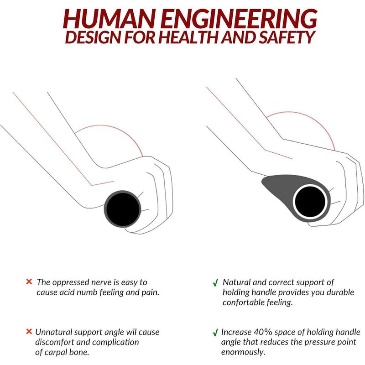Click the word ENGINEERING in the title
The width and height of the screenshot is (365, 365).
click(x=239, y=19)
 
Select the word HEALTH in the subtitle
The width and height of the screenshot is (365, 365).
click(x=189, y=37)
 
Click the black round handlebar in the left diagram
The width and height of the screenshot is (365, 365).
click(x=122, y=209)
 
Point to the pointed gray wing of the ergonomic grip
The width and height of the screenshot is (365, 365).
click(x=275, y=184)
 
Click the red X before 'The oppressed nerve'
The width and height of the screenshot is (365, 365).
click(x=29, y=282)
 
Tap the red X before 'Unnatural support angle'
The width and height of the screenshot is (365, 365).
click(x=29, y=331)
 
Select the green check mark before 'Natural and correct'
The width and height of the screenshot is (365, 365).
click(x=215, y=282)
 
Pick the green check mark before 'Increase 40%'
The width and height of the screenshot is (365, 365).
click(x=215, y=332)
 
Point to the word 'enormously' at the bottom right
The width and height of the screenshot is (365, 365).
click(x=243, y=352)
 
